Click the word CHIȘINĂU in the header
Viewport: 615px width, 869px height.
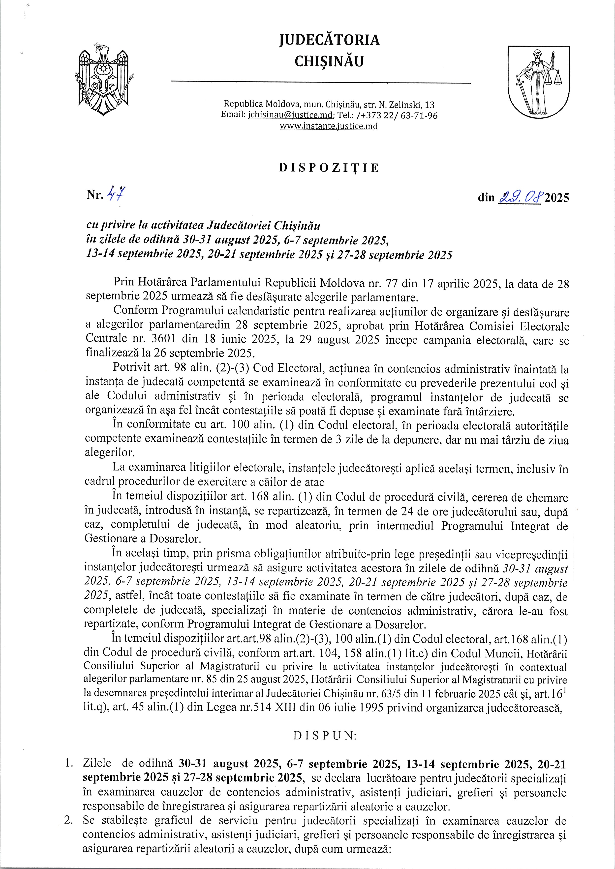pyautogui.click(x=329, y=62)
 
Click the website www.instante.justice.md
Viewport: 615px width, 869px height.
pyautogui.click(x=329, y=126)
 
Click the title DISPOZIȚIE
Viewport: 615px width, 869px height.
pyautogui.click(x=329, y=168)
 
